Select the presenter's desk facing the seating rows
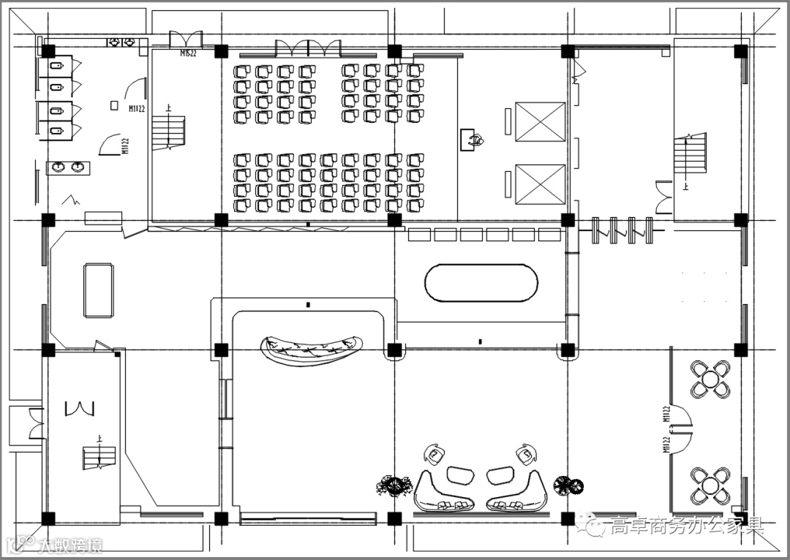(x=473, y=140)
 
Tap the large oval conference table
(x=481, y=283)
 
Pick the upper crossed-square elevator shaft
(x=540, y=122)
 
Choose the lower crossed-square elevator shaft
(x=540, y=183)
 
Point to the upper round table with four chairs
(x=710, y=379)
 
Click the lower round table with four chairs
(x=710, y=485)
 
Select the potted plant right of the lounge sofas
(x=568, y=483)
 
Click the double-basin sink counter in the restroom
(x=68, y=167)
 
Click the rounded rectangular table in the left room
(x=98, y=290)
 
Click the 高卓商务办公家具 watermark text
(x=686, y=526)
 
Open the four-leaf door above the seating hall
(x=308, y=49)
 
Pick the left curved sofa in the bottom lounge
(x=443, y=491)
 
